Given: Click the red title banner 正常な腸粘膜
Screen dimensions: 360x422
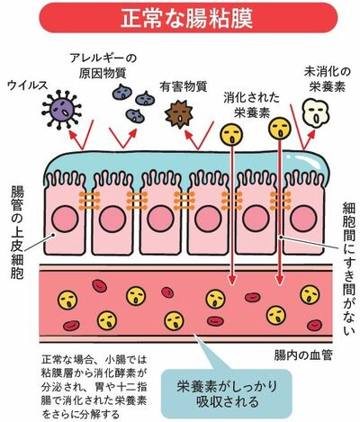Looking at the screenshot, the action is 188,17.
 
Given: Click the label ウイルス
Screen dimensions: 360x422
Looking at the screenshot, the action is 28,85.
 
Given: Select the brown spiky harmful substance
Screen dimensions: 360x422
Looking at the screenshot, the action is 179,114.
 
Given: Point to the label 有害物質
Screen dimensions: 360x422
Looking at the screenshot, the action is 183,86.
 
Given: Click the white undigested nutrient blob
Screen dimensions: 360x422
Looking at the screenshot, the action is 315,112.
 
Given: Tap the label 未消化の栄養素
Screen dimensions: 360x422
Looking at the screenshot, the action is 327,79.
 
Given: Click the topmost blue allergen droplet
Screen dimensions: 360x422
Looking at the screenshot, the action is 121,92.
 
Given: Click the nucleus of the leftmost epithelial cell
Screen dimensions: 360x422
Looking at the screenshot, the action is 65,219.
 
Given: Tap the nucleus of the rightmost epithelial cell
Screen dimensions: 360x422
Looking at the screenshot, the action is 303,219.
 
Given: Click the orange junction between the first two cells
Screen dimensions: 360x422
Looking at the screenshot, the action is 89,201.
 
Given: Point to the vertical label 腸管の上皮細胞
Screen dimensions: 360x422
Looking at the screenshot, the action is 17,232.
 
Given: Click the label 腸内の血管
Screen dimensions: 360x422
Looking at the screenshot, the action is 303,355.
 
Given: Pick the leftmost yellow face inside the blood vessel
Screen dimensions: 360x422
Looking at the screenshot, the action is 67,300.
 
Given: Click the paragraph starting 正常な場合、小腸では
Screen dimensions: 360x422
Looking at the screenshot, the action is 94,386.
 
